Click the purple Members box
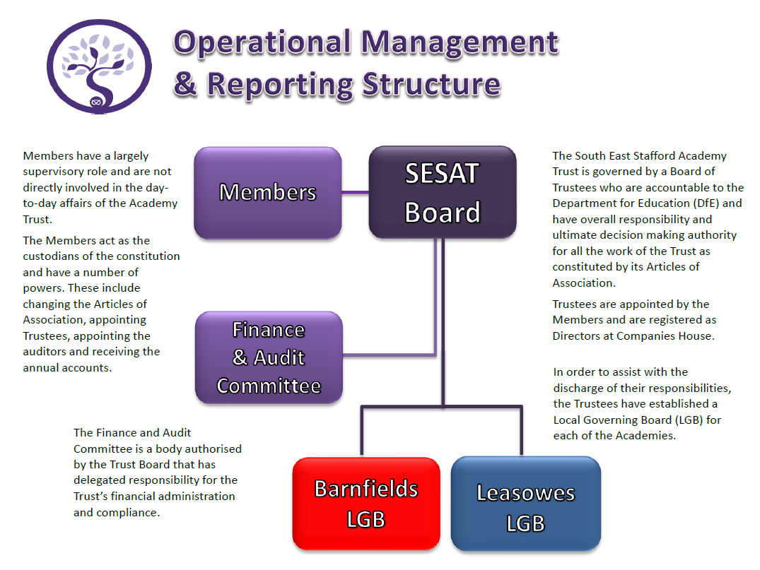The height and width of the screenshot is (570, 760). point(268,192)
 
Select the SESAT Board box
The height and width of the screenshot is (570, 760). point(443,192)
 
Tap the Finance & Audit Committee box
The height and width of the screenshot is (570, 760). point(269,357)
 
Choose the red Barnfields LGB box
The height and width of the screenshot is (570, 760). point(366,504)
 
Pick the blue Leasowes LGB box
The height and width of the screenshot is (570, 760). point(525,506)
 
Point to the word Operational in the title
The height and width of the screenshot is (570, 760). point(262,44)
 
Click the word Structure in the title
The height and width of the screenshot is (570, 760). point(431,84)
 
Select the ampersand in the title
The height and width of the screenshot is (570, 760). point(185,84)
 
